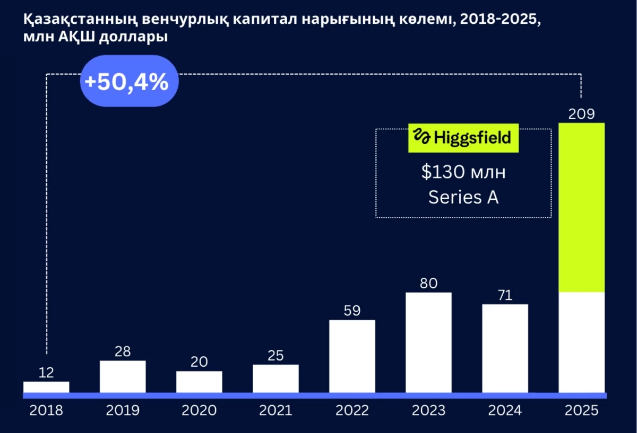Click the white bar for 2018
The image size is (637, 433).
[46, 387]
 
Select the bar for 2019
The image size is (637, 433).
[123, 377]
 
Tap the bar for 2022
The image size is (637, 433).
[352, 356]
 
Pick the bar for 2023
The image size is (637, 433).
[428, 342]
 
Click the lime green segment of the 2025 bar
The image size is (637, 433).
[582, 207]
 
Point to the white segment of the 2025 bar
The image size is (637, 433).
[582, 342]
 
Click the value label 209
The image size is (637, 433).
[582, 114]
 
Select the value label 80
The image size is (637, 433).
[428, 284]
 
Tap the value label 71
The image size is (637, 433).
[505, 295]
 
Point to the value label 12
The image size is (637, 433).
[47, 373]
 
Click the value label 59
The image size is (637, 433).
[352, 311]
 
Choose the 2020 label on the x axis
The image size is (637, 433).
[199, 410]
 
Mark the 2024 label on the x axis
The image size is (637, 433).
[505, 410]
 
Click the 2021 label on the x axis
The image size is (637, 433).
[276, 410]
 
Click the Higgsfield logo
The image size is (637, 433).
[463, 138]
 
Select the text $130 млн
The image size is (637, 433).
[463, 173]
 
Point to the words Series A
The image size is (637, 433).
[463, 197]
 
